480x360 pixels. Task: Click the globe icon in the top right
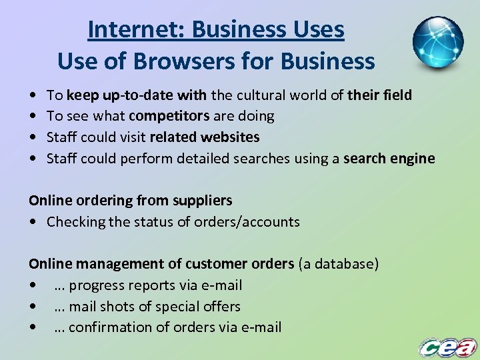[437, 42]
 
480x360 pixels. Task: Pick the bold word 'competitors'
[169, 116]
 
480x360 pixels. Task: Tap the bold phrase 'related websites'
[205, 137]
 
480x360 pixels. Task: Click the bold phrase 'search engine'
[389, 159]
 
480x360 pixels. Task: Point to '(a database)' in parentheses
[338, 264]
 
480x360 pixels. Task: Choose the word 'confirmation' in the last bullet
[111, 327]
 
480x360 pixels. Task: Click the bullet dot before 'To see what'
[33, 116]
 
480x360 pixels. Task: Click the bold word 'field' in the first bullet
[397, 95]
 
